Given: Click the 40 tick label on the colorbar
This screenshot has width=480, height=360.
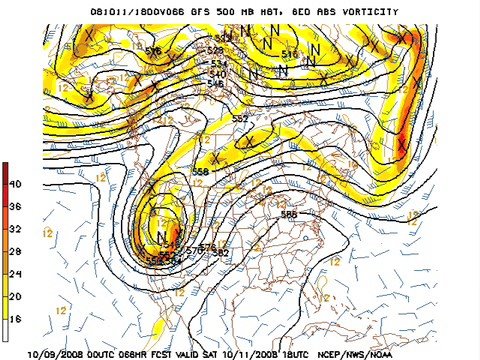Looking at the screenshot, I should coord(15,184).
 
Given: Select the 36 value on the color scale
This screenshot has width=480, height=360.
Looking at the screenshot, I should coord(15,207).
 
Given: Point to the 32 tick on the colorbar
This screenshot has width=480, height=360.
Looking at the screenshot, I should coord(15,229).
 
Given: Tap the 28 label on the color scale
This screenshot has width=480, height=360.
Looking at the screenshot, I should coord(15,251).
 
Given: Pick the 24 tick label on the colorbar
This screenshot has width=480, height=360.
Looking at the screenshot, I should coord(15,274).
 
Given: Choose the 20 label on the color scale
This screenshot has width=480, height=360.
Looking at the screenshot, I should coord(15,296).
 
